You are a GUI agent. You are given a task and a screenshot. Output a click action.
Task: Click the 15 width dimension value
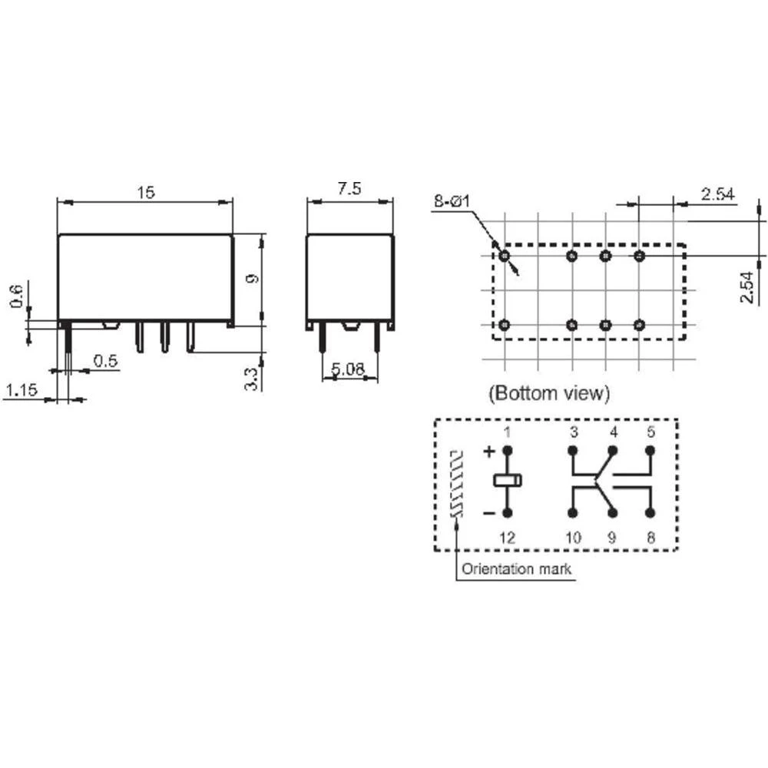pos(145,192)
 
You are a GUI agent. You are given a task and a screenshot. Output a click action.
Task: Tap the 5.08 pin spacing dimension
pos(348,369)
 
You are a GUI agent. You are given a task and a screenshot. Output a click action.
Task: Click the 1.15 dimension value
pos(20,391)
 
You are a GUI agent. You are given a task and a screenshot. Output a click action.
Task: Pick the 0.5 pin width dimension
pos(106,361)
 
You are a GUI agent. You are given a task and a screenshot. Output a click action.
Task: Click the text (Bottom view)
pos(549,394)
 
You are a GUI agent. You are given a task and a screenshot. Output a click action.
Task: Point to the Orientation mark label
pos(516,569)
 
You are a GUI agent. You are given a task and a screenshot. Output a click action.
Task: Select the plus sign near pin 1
pos(488,452)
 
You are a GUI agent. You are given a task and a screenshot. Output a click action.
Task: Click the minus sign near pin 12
pos(488,512)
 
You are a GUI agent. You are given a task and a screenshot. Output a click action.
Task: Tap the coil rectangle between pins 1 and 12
pos(507,482)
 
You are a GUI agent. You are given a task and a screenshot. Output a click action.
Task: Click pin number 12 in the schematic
pos(507,538)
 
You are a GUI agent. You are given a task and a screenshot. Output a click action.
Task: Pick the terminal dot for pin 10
pos(573,513)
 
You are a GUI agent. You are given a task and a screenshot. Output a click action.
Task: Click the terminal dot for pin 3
pos(573,451)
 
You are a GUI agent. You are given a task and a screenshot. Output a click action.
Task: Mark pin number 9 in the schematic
pos(612,538)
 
